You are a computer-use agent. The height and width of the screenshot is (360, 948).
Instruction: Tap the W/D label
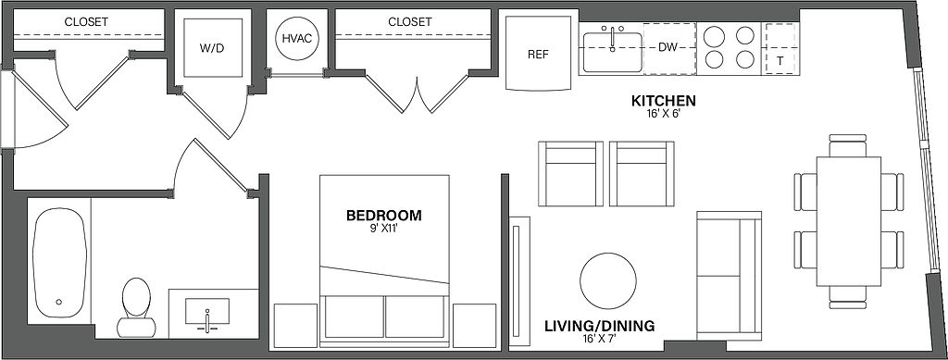212,48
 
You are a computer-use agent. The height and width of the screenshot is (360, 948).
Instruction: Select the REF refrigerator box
539,53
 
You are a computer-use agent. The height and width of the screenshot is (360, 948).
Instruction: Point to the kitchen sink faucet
613,37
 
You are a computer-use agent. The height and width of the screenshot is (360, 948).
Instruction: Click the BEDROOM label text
384,215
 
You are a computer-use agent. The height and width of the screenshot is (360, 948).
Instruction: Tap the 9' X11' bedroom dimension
384,229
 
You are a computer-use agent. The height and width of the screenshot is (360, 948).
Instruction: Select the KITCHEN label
664,100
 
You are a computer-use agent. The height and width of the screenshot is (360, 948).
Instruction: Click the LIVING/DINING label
599,326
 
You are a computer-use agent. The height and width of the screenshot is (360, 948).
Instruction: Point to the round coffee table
607,280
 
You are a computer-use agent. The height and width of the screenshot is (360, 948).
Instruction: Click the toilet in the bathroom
136,307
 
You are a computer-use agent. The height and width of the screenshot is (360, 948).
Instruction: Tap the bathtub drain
59,302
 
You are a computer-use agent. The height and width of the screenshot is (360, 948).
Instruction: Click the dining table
849,222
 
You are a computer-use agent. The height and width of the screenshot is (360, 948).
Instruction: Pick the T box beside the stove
780,49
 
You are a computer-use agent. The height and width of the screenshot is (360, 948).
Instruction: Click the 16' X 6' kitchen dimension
664,113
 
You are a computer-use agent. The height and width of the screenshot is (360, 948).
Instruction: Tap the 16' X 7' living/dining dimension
599,340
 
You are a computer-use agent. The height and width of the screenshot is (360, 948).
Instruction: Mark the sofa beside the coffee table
729,276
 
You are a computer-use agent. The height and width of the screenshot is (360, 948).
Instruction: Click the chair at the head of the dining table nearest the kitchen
848,145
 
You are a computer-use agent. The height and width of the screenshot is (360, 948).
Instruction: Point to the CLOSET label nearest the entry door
86,21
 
